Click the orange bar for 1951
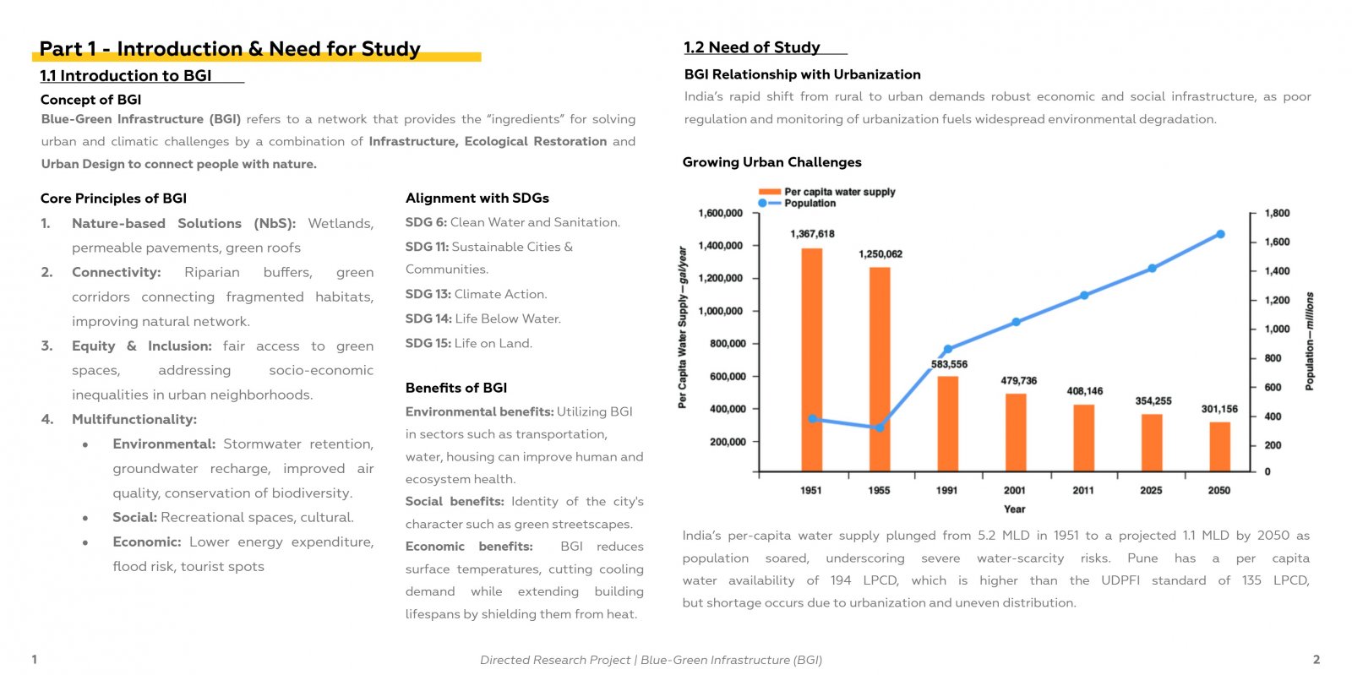[x=812, y=360]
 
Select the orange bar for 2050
[x=1220, y=446]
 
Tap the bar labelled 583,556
[x=947, y=423]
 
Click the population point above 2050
[x=1220, y=234]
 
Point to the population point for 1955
[x=880, y=427]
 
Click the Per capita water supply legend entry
[x=827, y=192]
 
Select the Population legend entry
[x=798, y=204]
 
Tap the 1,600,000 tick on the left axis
[x=720, y=213]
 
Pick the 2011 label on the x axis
[x=1083, y=491]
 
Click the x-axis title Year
[x=1015, y=509]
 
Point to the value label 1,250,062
[x=880, y=254]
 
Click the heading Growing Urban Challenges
[x=772, y=162]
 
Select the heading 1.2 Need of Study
[x=752, y=47]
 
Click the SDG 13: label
[x=428, y=294]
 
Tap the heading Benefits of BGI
[x=456, y=388]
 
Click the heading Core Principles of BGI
[x=113, y=199]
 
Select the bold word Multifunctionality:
[x=134, y=419]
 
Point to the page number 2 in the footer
[x=1317, y=659]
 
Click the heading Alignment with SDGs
[x=477, y=198]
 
